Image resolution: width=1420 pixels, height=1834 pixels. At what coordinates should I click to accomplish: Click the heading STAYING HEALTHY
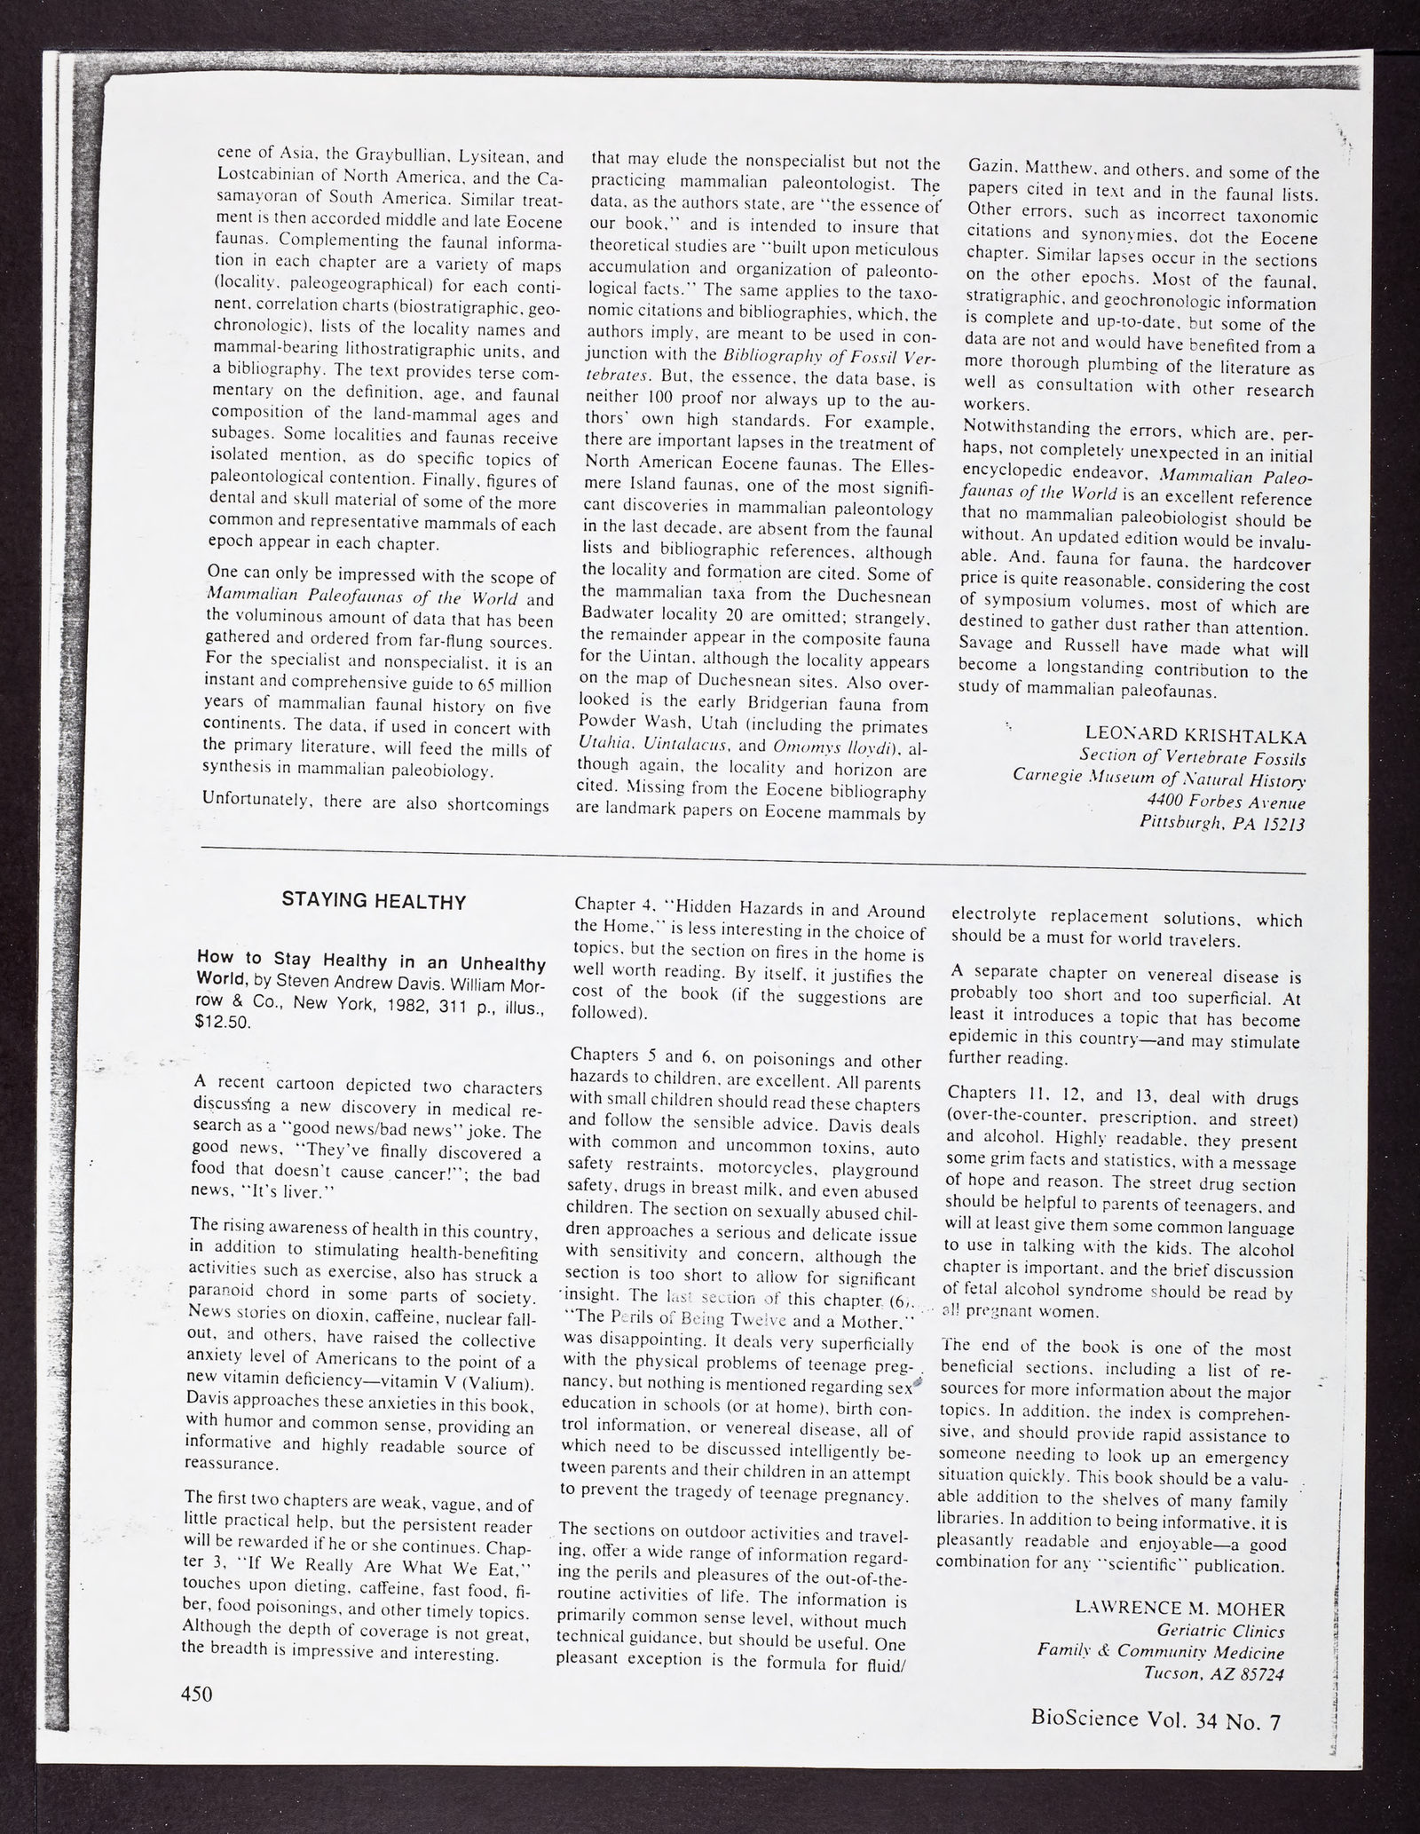click(374, 902)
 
